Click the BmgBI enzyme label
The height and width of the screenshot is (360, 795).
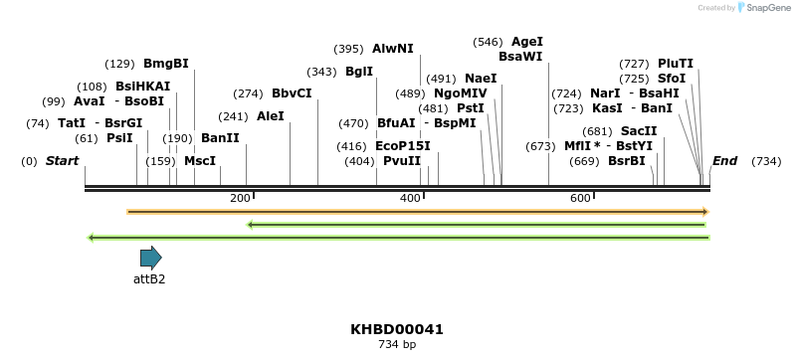click(165, 64)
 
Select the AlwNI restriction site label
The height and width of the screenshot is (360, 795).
click(392, 48)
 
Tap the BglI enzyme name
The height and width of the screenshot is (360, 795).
click(359, 72)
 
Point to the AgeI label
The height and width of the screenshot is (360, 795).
click(526, 42)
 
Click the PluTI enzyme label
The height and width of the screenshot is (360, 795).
click(676, 64)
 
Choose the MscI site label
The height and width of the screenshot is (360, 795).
click(200, 161)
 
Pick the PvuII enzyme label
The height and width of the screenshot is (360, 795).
click(402, 161)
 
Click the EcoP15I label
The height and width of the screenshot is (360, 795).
click(403, 146)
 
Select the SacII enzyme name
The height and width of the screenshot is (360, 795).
click(639, 131)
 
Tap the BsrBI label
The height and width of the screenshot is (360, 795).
click(627, 161)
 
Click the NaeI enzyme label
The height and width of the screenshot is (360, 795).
click(481, 79)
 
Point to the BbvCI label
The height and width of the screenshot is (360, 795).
click(292, 93)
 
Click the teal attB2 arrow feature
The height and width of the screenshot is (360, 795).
click(150, 259)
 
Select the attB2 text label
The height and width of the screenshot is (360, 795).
click(149, 279)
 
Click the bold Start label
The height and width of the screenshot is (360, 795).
click(62, 161)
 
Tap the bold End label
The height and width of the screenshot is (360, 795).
click(724, 161)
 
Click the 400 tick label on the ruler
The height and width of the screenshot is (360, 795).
click(410, 199)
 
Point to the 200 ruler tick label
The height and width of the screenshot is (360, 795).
click(240, 199)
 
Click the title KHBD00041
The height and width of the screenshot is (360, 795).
click(397, 329)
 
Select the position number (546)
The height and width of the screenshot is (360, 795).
click(488, 42)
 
